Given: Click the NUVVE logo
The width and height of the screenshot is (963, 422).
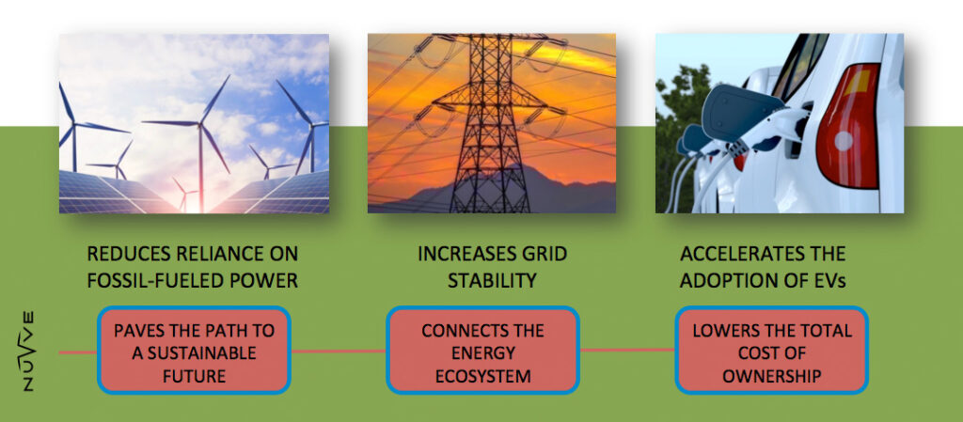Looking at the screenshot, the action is click(27, 351).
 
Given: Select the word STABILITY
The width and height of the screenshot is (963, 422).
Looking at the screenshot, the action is click(492, 281).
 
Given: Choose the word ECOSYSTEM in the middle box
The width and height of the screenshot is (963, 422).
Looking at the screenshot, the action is click(482, 377).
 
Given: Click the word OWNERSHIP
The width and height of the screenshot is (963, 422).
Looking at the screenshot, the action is click(771, 377).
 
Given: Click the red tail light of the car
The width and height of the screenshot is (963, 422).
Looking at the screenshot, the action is click(849, 126).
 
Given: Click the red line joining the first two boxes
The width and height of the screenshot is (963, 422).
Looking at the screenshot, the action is click(338, 352).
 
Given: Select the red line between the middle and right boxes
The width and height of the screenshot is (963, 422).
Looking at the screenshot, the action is click(627, 351).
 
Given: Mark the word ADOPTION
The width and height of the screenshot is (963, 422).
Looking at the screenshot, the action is click(729, 281).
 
